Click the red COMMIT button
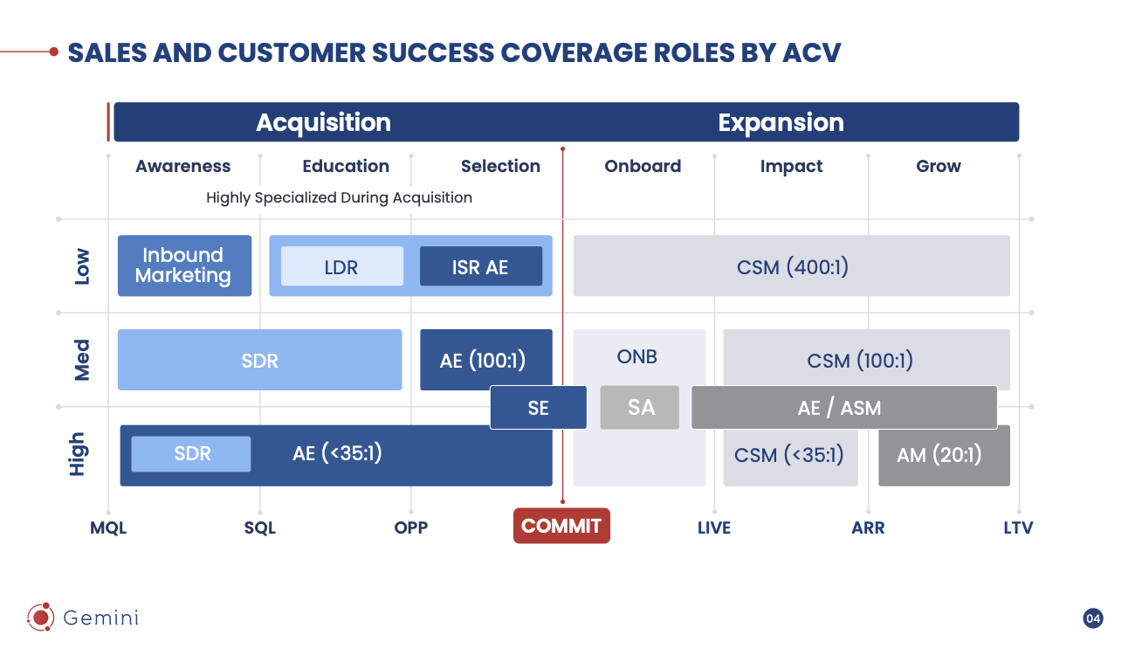(561, 526)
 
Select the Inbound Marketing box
(184, 265)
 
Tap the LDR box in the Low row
(341, 266)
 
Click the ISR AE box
(480, 266)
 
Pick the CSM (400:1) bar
(791, 265)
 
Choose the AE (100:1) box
(485, 359)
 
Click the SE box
(538, 407)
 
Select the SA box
(640, 407)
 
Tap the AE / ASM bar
(843, 407)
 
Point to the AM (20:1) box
(944, 455)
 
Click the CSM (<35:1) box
(790, 455)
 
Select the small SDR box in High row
(191, 454)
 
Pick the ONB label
(637, 356)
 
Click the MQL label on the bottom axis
(108, 527)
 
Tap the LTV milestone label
(1018, 527)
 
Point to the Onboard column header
(643, 166)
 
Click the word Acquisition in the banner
(323, 122)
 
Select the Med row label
(81, 360)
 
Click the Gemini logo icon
(40, 617)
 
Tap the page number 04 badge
(1093, 618)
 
